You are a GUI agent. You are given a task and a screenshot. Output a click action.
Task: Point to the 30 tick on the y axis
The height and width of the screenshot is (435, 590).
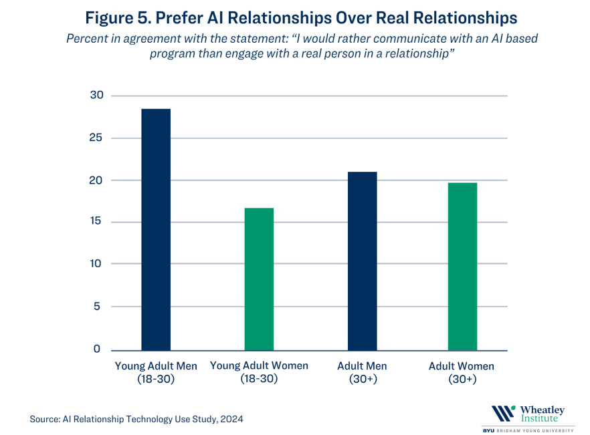[x=97, y=96]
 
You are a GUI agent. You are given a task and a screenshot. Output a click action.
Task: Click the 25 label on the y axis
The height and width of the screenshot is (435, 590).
[x=97, y=138]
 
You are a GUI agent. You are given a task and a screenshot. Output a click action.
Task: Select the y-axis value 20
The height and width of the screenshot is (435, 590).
[x=97, y=180]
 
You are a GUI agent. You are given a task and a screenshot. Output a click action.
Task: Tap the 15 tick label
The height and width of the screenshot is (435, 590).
[x=97, y=222]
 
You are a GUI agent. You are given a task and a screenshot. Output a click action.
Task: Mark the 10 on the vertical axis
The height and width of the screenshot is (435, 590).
[x=97, y=264]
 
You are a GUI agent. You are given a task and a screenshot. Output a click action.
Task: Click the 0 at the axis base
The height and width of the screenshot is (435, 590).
[x=97, y=348]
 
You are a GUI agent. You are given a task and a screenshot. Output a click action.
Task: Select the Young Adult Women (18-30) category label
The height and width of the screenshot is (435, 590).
[x=259, y=372]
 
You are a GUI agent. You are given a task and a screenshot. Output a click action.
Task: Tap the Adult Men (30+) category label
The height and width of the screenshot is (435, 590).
[x=362, y=372]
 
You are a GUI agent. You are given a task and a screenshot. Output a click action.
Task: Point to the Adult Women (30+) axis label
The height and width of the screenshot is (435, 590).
[x=462, y=372]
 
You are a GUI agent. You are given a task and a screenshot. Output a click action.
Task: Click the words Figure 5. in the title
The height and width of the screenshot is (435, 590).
[x=119, y=16]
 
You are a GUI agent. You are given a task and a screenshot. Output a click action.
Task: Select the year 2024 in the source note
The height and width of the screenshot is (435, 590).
[x=230, y=419]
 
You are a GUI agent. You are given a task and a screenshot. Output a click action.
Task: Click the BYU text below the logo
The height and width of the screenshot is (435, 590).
[x=489, y=430]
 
